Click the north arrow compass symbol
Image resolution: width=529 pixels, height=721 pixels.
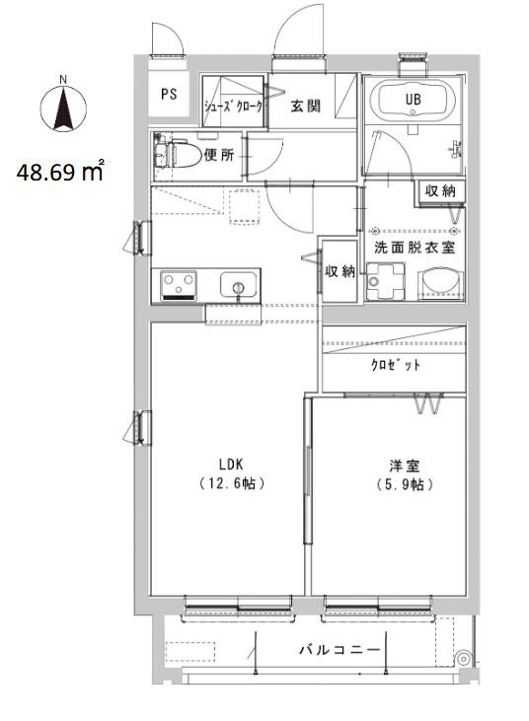(63, 107)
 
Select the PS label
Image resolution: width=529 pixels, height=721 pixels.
(169, 95)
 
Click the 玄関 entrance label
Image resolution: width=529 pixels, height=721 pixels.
(305, 107)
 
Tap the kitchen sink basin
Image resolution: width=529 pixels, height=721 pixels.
(238, 285)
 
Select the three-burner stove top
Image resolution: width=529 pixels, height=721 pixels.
(179, 286)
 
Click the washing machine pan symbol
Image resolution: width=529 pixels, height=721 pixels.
(385, 281)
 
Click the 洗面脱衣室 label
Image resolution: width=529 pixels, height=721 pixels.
(415, 248)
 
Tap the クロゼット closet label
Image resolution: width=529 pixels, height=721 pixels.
(395, 365)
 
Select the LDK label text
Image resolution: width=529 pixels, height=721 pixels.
(231, 465)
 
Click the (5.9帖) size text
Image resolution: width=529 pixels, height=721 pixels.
(405, 484)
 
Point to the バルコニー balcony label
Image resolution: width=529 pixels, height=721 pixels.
(340, 650)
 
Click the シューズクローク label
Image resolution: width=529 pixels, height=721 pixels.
(234, 107)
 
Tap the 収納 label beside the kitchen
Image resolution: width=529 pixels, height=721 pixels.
(340, 271)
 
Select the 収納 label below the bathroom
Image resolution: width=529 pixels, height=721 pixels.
(441, 190)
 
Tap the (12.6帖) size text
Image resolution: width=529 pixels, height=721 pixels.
(232, 483)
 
